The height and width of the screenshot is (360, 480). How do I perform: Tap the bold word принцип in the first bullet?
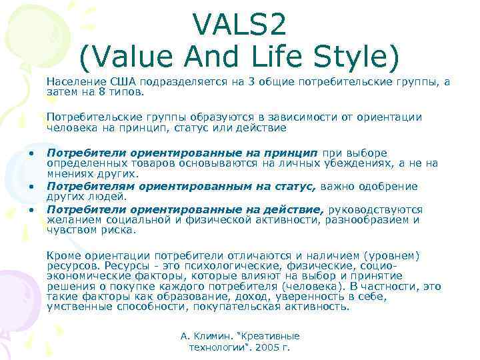tap(295, 153)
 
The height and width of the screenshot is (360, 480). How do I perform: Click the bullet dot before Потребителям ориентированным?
tap(31, 187)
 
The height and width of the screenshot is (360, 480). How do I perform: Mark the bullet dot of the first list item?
tap(31, 153)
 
